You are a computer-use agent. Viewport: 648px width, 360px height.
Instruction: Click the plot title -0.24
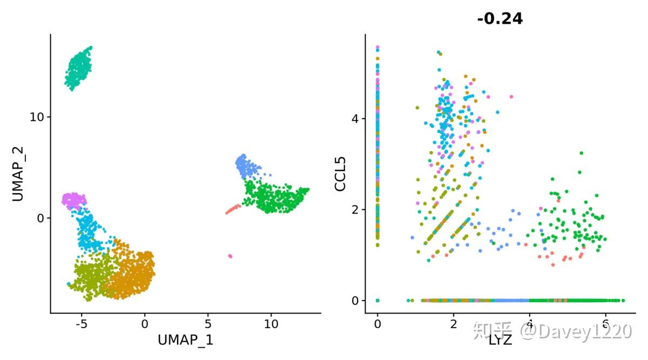pos(500,19)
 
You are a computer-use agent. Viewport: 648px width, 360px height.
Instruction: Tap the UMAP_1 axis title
pos(185,339)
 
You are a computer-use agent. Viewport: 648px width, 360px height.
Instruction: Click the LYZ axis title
pos(500,340)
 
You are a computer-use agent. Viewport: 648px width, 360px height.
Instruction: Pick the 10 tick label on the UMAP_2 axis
pos(37,117)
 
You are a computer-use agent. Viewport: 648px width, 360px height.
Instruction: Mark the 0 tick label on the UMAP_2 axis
pos(40,218)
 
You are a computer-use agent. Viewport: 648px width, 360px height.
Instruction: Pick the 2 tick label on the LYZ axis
pos(454,325)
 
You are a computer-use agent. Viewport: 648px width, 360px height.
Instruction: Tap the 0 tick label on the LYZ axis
pos(377,325)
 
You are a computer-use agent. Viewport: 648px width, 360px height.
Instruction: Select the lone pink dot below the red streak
pos(231,256)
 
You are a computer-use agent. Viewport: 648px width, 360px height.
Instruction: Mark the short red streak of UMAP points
pos(233,209)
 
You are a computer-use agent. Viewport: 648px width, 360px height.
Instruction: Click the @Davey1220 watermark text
pos(575,330)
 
